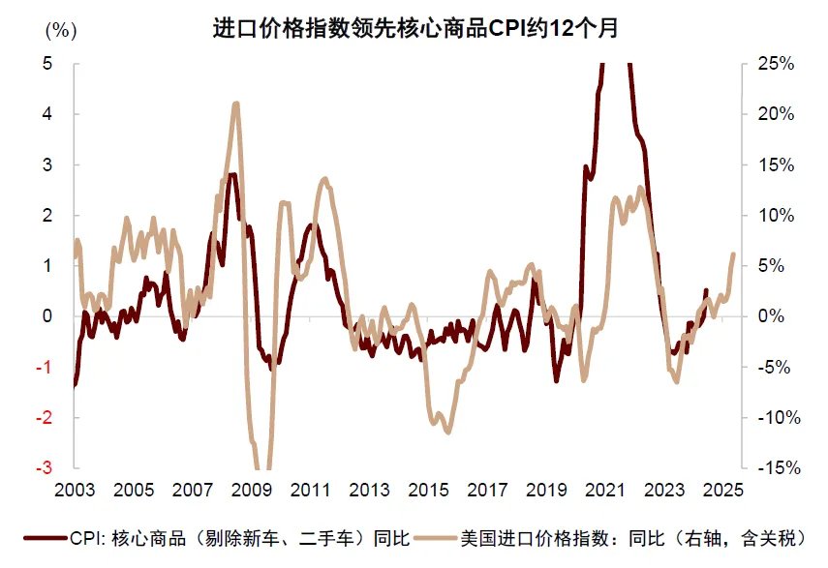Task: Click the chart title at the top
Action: tap(414, 28)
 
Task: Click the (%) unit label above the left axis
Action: tap(60, 30)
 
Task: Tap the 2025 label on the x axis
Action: tap(723, 491)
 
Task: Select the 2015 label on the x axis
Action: tap(428, 491)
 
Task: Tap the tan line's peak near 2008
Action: tap(235, 104)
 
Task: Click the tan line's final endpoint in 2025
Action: tap(733, 254)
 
